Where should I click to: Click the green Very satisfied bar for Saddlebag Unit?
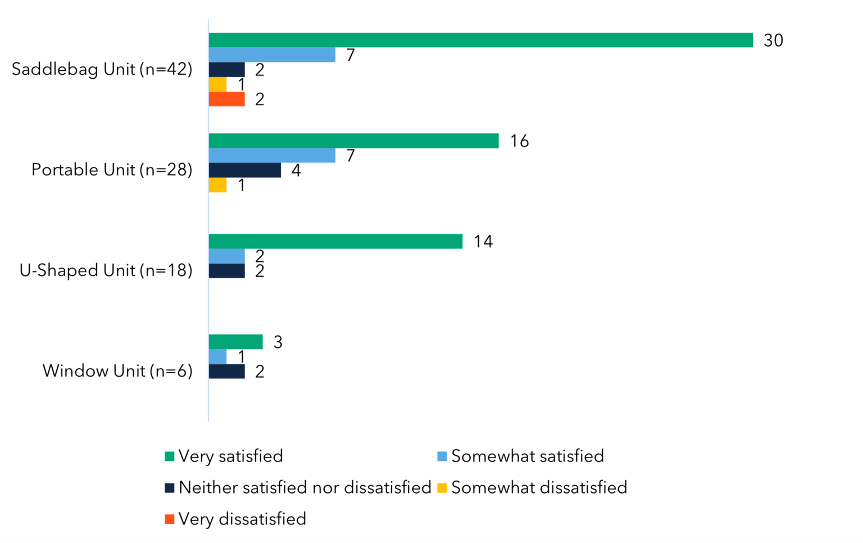point(480,40)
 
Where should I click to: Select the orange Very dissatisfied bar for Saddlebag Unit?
point(226,99)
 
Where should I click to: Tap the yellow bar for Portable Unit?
point(217,185)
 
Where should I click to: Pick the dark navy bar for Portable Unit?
point(244,170)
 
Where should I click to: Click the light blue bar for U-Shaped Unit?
point(226,256)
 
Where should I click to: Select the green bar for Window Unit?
point(235,342)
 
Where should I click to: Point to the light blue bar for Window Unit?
point(217,357)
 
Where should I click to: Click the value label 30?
point(773,40)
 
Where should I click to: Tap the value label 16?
point(519,141)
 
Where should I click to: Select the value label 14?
point(483,242)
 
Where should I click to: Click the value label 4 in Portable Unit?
point(296,170)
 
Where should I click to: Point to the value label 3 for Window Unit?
point(278,342)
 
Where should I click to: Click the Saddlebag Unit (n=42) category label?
point(102,69)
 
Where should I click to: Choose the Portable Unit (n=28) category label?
point(112,170)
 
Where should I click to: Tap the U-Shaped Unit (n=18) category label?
point(106,270)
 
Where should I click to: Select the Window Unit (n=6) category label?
point(117,371)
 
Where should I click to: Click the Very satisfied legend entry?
point(230,456)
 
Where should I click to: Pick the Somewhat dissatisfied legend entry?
point(538,487)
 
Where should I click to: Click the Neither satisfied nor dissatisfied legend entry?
point(304,487)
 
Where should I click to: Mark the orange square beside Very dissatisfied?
point(169,519)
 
